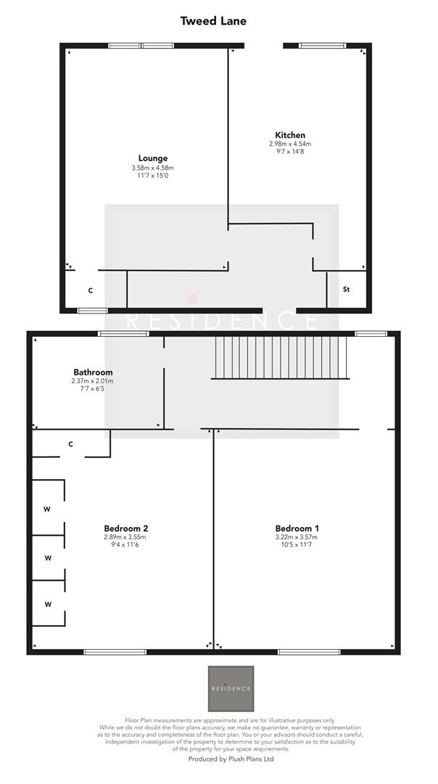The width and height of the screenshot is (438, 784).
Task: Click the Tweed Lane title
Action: (213, 21)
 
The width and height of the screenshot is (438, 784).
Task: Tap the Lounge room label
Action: (153, 158)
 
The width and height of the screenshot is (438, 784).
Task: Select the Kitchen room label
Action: (290, 135)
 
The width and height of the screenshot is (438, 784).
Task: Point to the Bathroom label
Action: (92, 372)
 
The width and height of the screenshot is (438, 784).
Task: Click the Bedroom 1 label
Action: (297, 528)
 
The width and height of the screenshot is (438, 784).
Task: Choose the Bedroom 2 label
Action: (126, 528)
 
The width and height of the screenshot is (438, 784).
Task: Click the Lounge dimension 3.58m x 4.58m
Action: (153, 168)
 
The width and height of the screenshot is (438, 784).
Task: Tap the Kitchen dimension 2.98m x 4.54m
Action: (290, 144)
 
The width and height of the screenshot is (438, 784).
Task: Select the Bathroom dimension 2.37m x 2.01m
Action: (92, 381)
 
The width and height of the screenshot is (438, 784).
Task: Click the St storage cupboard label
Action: (347, 290)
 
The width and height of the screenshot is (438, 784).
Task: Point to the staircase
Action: (281, 357)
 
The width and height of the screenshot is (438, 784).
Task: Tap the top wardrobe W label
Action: (46, 509)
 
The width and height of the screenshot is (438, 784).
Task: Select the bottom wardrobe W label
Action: (48, 604)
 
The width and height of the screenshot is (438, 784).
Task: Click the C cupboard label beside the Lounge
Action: (91, 290)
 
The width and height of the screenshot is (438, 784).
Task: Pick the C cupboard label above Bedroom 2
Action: (71, 444)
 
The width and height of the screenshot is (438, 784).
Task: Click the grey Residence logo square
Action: (231, 688)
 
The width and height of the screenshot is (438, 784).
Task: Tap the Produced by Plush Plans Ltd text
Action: (231, 759)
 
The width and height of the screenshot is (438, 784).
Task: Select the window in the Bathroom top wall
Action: (124, 334)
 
